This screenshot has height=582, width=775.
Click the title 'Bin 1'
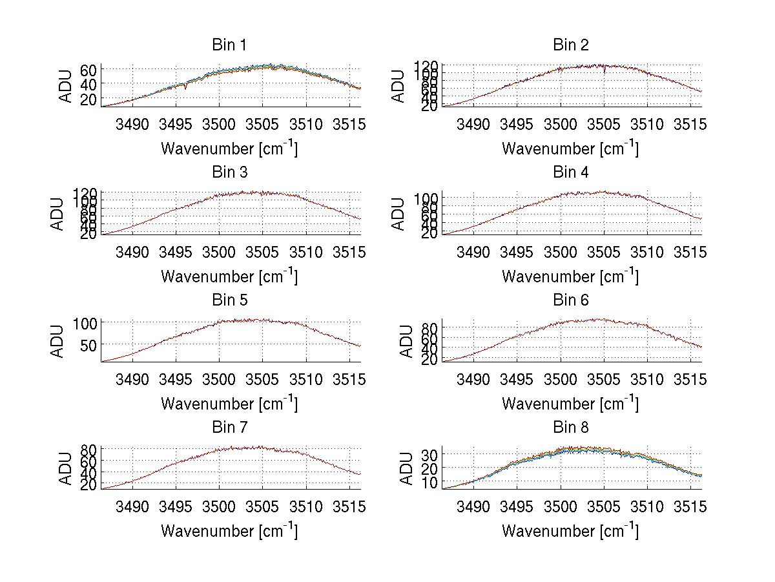tap(229, 45)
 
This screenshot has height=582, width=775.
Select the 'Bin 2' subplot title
tap(570, 45)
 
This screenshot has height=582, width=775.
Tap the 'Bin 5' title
tap(229, 300)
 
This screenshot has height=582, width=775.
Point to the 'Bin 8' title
tap(570, 428)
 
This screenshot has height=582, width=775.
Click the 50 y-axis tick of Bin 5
tap(88, 345)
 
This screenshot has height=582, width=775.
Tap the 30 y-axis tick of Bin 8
tap(429, 455)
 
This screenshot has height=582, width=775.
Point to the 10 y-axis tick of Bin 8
tap(429, 482)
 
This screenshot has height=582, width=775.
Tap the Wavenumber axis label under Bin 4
tap(570, 276)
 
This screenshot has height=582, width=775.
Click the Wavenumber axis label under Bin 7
tap(229, 531)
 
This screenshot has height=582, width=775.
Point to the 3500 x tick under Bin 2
tap(560, 124)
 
